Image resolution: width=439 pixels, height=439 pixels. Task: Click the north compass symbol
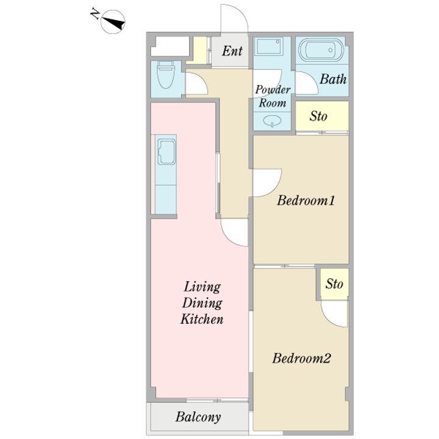[x=110, y=21]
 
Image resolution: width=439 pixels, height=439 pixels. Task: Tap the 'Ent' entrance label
[x=232, y=51]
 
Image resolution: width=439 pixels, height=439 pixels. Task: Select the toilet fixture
[x=165, y=75]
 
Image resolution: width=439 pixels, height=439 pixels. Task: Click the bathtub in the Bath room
[x=321, y=50]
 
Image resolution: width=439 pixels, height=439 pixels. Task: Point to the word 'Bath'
[x=333, y=79]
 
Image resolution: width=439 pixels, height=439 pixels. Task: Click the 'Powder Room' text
[x=273, y=96]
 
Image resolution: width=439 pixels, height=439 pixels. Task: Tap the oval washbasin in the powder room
[x=272, y=121]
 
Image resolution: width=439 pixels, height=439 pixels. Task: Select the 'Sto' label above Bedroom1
[x=318, y=116]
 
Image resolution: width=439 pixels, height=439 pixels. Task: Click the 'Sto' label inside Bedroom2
[x=334, y=284]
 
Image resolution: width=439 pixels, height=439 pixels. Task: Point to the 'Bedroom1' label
[x=305, y=201]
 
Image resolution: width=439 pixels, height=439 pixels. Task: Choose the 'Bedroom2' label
[x=302, y=358]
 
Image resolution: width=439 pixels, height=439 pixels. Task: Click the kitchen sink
[x=166, y=151]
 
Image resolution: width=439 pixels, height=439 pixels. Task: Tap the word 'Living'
[x=202, y=287]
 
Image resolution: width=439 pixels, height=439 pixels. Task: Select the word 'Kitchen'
[x=202, y=319]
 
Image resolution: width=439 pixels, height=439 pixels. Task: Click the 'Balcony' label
[x=198, y=417]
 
